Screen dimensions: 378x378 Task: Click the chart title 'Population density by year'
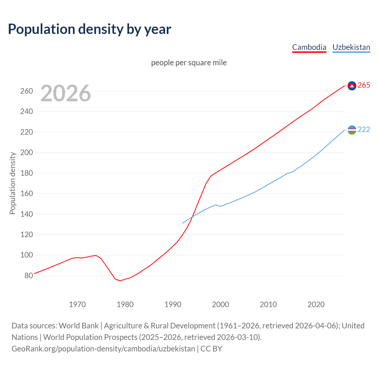click(89, 29)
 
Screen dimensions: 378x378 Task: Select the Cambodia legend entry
click(309, 47)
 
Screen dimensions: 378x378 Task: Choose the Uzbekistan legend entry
click(351, 47)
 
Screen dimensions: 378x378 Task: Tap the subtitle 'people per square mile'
click(189, 63)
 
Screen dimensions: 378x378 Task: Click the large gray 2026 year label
click(66, 93)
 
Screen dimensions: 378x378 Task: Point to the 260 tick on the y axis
click(26, 91)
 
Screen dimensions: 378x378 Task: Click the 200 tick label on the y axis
click(26, 153)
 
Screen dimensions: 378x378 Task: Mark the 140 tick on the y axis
click(26, 214)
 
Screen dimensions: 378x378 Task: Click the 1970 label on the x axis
click(77, 304)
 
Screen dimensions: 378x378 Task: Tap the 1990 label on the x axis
click(173, 304)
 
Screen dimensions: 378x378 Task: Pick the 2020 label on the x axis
click(316, 304)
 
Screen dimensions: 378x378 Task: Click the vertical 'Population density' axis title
click(12, 183)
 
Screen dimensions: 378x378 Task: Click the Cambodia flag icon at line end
click(352, 86)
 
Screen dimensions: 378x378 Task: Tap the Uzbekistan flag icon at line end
click(352, 130)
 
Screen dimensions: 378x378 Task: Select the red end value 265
click(364, 85)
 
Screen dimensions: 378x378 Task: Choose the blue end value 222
click(364, 130)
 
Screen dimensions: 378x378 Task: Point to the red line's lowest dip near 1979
click(120, 281)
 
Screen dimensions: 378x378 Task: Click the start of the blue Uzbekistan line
click(183, 223)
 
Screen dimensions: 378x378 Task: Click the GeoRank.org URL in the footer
click(103, 349)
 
